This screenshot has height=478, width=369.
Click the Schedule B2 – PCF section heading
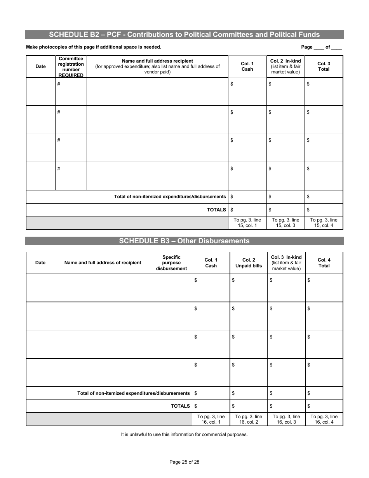184,35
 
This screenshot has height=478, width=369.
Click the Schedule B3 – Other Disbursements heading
184,241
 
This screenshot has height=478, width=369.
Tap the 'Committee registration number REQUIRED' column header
71,67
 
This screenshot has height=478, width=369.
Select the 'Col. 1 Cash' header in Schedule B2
247,66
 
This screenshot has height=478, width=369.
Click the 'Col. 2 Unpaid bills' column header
249,263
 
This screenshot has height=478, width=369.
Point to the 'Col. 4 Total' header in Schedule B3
324,263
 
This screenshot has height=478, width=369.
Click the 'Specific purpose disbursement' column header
171,263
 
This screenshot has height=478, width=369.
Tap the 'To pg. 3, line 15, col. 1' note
247,223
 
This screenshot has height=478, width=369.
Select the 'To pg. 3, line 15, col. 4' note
324,223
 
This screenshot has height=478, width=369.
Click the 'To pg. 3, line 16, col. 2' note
249,419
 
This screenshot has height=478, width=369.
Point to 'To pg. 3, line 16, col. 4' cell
324,419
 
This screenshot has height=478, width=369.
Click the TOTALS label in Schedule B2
216,210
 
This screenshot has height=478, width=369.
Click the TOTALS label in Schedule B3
180,406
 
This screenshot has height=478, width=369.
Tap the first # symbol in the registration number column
59,84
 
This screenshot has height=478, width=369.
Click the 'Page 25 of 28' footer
184,462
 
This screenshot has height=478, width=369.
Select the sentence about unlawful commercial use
184,434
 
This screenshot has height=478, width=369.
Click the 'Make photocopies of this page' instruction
94,47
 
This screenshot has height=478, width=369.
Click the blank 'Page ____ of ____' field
321,47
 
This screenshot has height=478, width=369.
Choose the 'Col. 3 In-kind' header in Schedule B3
286,263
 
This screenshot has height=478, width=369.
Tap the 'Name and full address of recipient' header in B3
103,263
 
